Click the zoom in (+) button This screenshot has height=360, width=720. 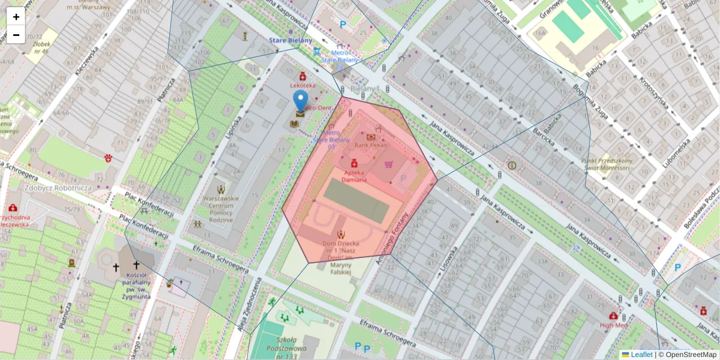point(16,17)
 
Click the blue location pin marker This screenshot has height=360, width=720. point(301,101)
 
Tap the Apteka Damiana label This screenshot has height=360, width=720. point(355,176)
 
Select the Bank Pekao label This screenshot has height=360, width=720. point(371,145)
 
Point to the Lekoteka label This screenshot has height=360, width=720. point(302,86)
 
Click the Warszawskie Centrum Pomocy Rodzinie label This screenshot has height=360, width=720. point(221,208)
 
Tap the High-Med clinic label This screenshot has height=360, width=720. point(613,325)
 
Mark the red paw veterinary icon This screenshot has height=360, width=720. point(109,158)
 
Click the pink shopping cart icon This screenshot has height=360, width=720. point(388,164)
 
